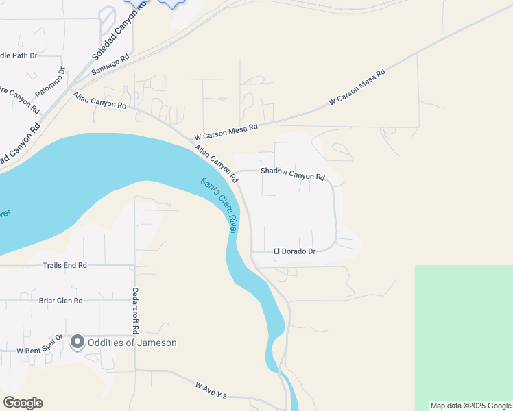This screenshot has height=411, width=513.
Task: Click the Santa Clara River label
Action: (x=219, y=206)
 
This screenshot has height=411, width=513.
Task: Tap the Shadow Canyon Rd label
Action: (x=292, y=174)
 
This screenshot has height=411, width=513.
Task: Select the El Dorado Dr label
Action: (x=294, y=251)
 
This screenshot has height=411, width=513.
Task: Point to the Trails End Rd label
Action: (x=65, y=265)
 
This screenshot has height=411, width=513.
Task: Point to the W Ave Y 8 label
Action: (x=211, y=391)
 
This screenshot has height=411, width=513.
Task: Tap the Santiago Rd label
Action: (x=110, y=65)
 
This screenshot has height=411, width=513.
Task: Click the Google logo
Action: (x=23, y=403)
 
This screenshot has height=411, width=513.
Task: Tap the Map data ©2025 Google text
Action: (x=471, y=406)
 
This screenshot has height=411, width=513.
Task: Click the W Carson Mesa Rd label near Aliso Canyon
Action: (x=226, y=127)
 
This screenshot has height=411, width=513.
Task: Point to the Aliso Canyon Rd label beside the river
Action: (x=216, y=163)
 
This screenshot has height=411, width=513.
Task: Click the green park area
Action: (x=464, y=336)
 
